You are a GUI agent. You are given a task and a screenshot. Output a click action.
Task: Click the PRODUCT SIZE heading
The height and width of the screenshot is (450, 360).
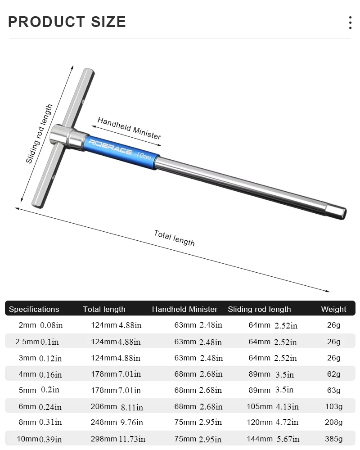click(x=67, y=22)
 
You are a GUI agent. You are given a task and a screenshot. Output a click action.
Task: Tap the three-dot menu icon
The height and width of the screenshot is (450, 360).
click(x=350, y=22)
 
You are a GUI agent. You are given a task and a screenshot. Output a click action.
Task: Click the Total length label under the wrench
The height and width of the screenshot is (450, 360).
click(x=174, y=238)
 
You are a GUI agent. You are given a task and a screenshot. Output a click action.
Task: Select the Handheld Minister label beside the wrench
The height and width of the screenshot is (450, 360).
click(x=129, y=128)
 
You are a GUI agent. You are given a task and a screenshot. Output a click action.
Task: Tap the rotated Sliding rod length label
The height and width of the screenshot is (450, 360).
click(x=39, y=134)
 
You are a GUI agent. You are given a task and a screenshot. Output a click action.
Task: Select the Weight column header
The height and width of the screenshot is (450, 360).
click(x=333, y=309)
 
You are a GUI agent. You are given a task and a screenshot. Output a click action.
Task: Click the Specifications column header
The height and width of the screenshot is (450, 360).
click(x=34, y=309)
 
